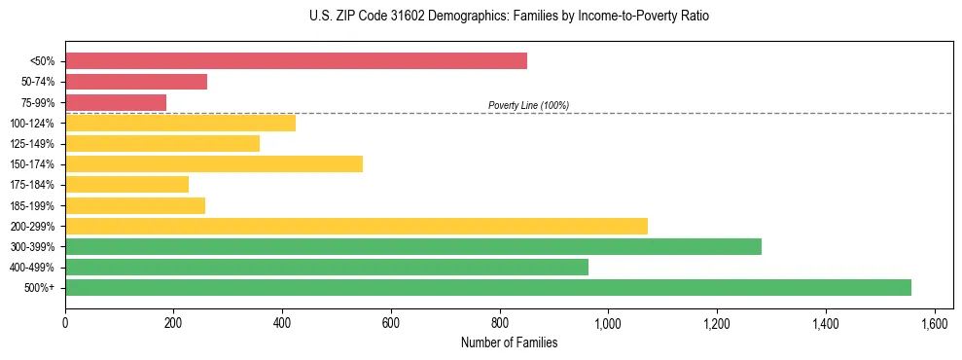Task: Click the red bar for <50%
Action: [296, 61]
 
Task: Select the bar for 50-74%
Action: [136, 82]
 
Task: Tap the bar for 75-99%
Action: [116, 102]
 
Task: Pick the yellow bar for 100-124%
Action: [180, 123]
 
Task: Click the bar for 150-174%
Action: [214, 163]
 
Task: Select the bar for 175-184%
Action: [126, 184]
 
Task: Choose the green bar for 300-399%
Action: [413, 246]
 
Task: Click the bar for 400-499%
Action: [327, 267]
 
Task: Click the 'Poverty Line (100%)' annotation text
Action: [528, 105]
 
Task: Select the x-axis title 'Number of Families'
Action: [509, 342]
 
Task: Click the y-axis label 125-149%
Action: [32, 144]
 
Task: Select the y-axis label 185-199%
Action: [32, 205]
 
